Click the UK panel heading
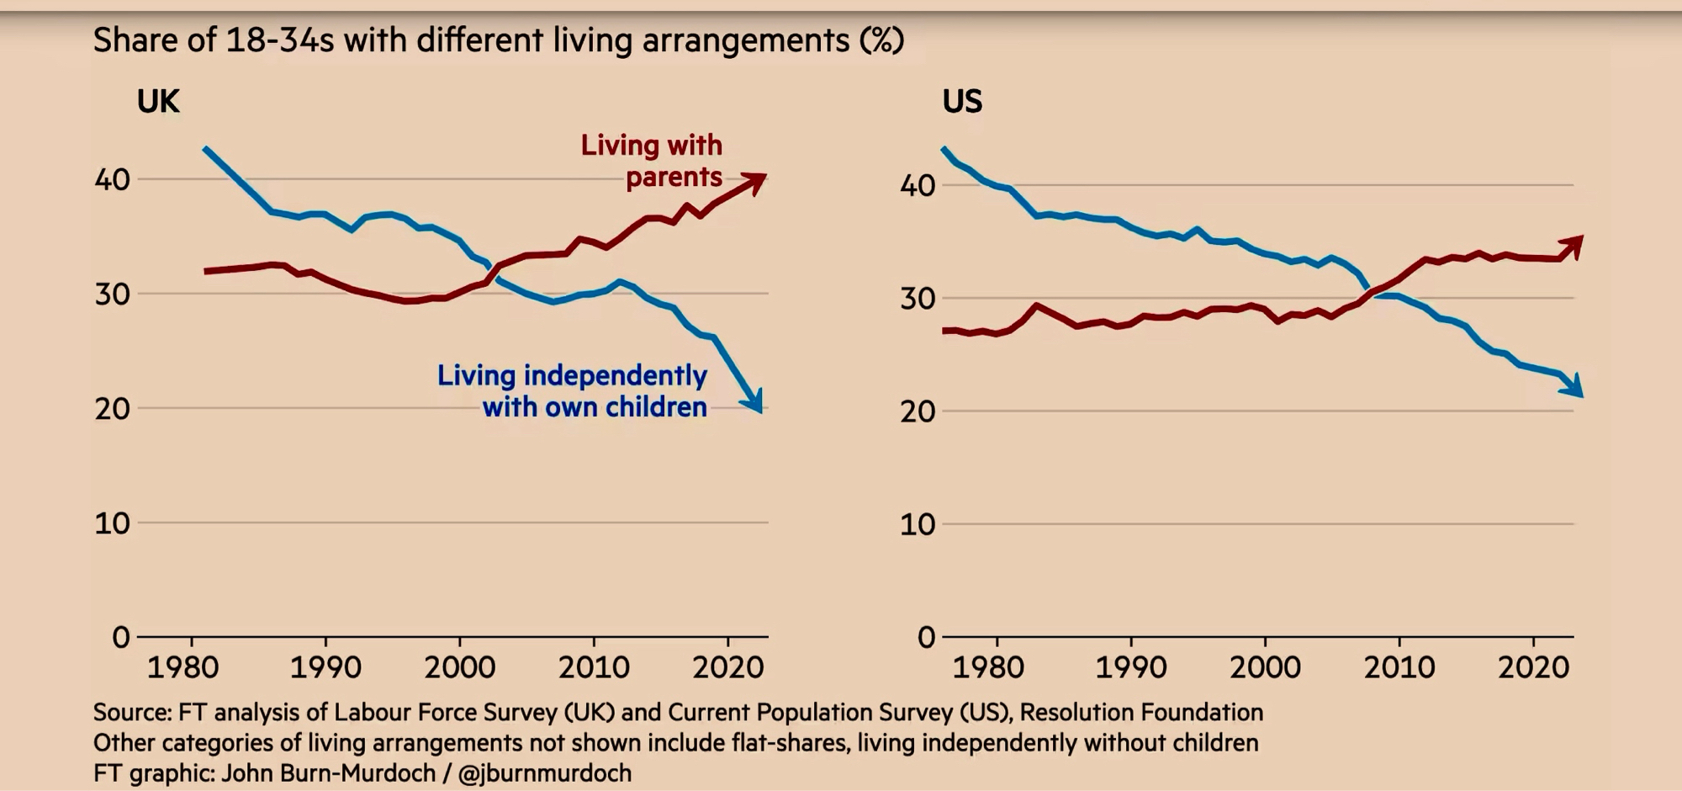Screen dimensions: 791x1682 158,102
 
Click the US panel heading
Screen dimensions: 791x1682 962,102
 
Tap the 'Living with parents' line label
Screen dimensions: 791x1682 652,161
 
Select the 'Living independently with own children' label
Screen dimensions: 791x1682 572,390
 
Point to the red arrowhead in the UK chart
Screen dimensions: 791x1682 754,182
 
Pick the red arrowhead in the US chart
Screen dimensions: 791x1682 1574,245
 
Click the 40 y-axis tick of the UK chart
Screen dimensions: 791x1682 112,179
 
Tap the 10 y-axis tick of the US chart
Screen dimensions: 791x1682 918,524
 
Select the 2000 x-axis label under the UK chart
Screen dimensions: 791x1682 459,667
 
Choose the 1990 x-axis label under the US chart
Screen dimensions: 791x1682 1130,667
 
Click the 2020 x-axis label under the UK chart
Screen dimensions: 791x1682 727,667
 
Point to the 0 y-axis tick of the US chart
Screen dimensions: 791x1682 926,637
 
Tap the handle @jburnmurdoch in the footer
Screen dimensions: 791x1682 544,772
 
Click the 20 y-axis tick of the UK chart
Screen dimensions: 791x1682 112,409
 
